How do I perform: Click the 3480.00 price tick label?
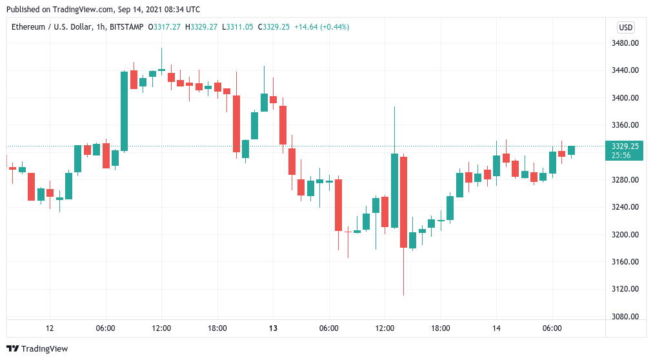pyautogui.click(x=625, y=43)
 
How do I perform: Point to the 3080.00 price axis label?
pyautogui.click(x=625, y=316)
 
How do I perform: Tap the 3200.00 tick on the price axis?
pyautogui.click(x=625, y=234)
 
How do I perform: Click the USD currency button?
pyautogui.click(x=625, y=27)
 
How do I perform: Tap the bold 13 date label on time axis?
pyautogui.click(x=273, y=328)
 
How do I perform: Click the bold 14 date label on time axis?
pyautogui.click(x=496, y=328)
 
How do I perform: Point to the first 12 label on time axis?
pyautogui.click(x=50, y=328)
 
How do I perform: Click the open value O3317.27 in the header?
pyautogui.click(x=165, y=27)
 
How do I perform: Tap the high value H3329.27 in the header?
pyautogui.click(x=201, y=27)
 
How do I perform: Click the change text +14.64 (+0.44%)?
pyautogui.click(x=321, y=27)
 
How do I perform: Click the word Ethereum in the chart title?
pyautogui.click(x=28, y=27)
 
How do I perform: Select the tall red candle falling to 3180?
pyautogui.click(x=403, y=201)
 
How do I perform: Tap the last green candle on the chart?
pyautogui.click(x=571, y=150)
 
